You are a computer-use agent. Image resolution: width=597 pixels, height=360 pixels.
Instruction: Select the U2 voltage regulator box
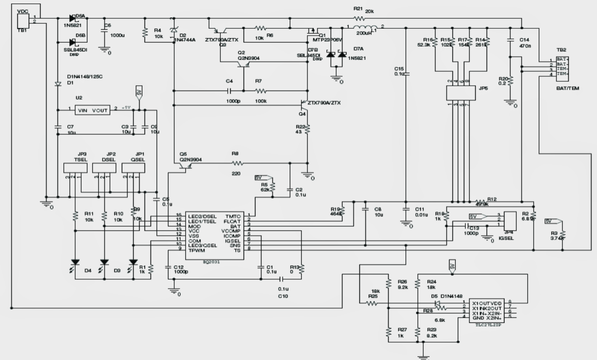(93, 110)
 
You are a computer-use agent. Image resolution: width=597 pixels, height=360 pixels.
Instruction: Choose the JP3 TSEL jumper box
(76, 168)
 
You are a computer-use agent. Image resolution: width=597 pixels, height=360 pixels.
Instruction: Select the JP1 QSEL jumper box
(134, 168)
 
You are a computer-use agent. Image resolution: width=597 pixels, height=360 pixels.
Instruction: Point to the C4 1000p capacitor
(229, 91)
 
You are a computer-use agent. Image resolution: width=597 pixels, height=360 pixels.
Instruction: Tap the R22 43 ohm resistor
(307, 129)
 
